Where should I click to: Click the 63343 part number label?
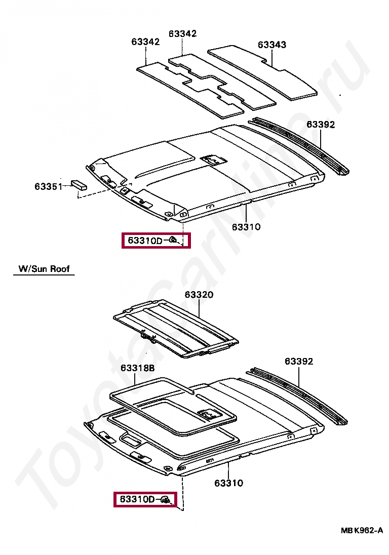(x=271, y=45)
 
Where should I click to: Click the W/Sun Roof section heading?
(x=44, y=269)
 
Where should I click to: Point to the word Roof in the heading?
(x=60, y=269)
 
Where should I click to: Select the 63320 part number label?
(x=199, y=295)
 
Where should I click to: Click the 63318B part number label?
(x=137, y=368)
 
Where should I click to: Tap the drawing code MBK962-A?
(x=361, y=530)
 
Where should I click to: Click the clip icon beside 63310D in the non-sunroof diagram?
(x=173, y=240)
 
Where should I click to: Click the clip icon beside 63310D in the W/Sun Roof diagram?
(x=166, y=500)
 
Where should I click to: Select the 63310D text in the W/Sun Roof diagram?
(x=137, y=499)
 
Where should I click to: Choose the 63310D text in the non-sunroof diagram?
(x=144, y=241)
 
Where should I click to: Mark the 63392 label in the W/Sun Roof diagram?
(x=298, y=361)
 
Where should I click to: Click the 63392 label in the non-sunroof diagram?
(x=320, y=125)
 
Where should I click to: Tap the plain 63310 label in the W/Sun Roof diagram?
(x=228, y=483)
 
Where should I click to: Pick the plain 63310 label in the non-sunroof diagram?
(x=246, y=227)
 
